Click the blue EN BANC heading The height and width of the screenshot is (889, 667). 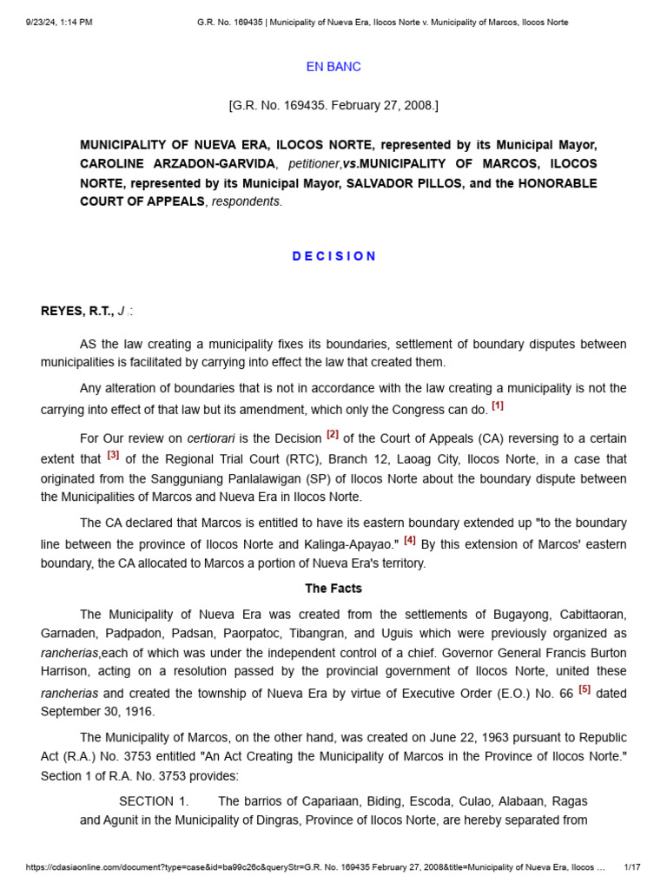tap(333, 67)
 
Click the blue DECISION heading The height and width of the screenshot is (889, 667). tap(333, 256)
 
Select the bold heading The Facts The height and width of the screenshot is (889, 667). tap(333, 589)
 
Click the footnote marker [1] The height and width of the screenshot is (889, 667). tap(497, 405)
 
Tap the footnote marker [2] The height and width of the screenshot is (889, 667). tap(333, 434)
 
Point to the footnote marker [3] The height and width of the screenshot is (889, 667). tap(113, 454)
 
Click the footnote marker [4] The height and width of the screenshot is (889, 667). tap(410, 539)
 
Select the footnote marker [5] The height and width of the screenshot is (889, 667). tap(584, 689)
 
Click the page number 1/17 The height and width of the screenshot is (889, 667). tap(632, 867)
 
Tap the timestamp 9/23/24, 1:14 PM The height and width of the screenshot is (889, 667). tap(59, 22)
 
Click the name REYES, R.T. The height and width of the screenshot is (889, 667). tap(77, 311)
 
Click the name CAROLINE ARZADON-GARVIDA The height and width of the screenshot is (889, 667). tap(178, 164)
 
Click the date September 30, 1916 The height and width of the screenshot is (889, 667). tap(97, 711)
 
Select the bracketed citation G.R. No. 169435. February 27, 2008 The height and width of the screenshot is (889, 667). tap(333, 106)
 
